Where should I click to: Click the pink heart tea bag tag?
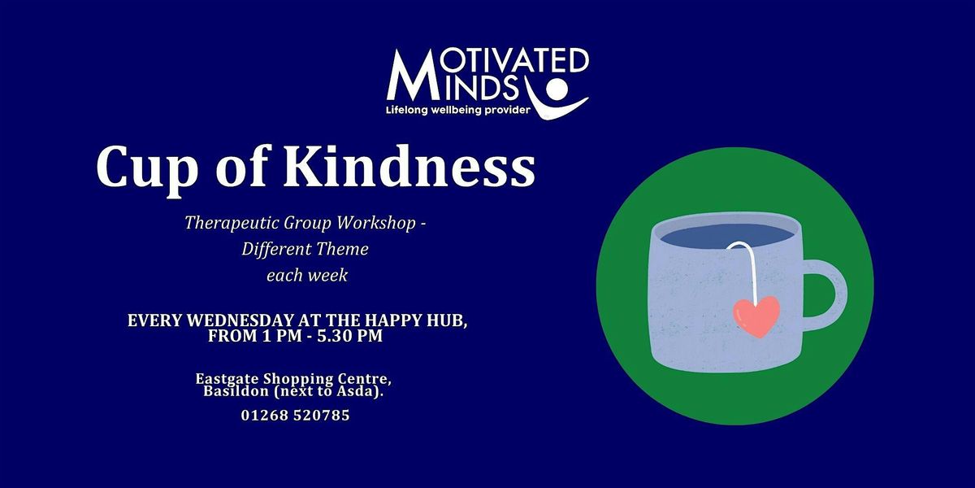tap(756, 315)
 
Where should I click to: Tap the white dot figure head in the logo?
tap(557, 86)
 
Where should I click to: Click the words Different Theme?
tap(305, 250)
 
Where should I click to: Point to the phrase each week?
tap(306, 275)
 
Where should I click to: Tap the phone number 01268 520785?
tap(296, 416)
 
